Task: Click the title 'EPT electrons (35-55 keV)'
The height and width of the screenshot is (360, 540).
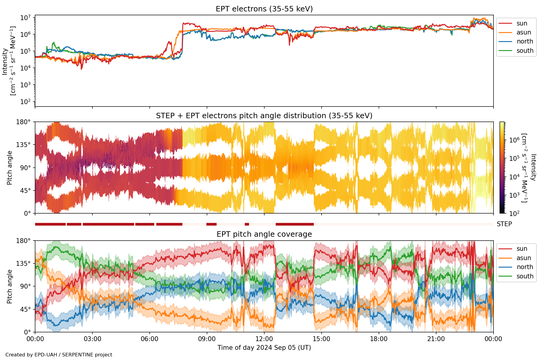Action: [x=264, y=9]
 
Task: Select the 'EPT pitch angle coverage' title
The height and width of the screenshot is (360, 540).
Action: [x=264, y=234]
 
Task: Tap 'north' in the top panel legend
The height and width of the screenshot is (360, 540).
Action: [x=525, y=41]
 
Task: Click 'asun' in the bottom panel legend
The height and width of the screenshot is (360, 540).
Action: [x=523, y=258]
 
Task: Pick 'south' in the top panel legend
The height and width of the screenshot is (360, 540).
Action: [x=525, y=51]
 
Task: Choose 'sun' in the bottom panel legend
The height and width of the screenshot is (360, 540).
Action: [x=522, y=249]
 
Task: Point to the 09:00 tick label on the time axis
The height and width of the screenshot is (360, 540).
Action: [x=207, y=339]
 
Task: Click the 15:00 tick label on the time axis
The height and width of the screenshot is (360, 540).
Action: [x=322, y=339]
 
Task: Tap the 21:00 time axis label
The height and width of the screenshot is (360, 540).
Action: [x=436, y=339]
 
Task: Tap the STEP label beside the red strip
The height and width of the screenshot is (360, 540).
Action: [x=504, y=224]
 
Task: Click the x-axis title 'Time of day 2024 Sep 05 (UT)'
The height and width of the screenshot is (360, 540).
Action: [x=264, y=348]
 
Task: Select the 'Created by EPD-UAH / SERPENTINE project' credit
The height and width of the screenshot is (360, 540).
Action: [x=59, y=355]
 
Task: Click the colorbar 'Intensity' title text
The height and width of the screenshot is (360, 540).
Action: [x=533, y=167]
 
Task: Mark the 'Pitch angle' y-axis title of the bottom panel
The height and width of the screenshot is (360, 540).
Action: [x=10, y=286]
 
